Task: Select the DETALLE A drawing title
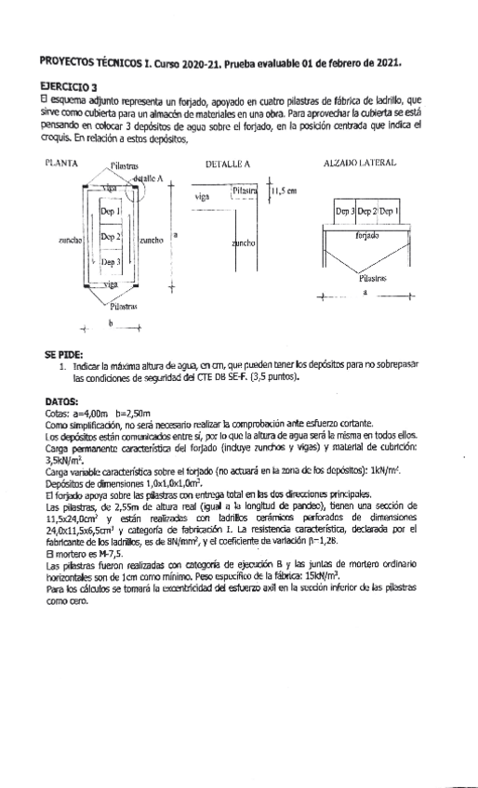pyautogui.click(x=228, y=163)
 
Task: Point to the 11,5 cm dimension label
pyautogui.click(x=284, y=192)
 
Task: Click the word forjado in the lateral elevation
pyautogui.click(x=367, y=236)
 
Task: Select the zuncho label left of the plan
pyautogui.click(x=71, y=240)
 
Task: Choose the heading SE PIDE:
pyautogui.click(x=62, y=355)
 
